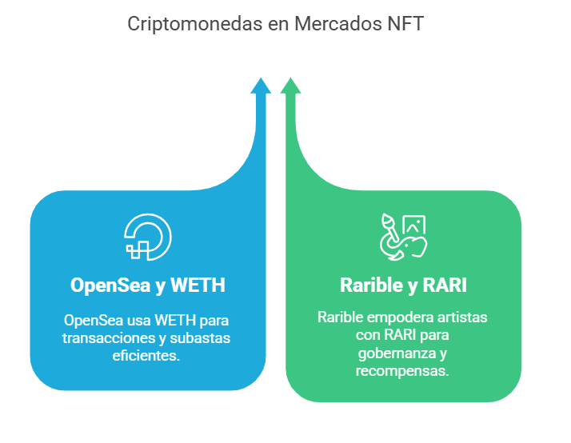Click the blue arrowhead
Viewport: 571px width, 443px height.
point(261,86)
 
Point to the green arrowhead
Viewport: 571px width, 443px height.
point(289,86)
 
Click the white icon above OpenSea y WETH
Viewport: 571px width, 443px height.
point(148,237)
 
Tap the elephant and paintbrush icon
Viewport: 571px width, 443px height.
point(403,237)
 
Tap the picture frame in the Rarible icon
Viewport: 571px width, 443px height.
point(414,227)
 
